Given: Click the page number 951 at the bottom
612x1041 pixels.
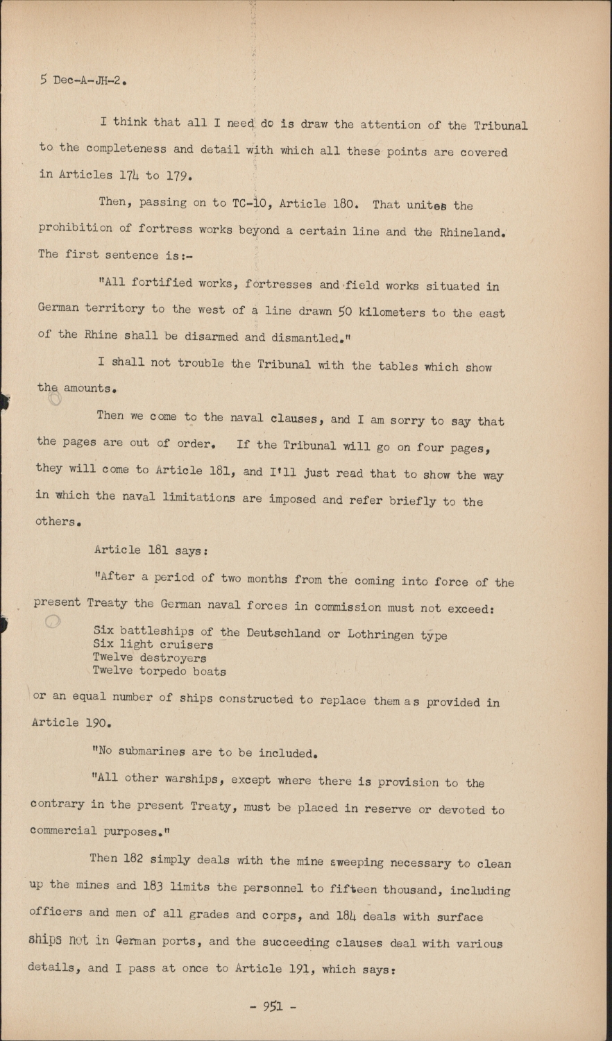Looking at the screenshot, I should (x=272, y=1007).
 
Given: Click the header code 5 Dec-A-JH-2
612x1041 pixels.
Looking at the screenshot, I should (x=83, y=81).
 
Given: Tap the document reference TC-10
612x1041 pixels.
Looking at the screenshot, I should (x=246, y=203).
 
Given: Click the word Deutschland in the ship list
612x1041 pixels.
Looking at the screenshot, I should (x=283, y=633).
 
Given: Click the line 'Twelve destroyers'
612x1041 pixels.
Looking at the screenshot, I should (x=149, y=658).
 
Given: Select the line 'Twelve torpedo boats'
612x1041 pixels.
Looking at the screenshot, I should (x=159, y=671).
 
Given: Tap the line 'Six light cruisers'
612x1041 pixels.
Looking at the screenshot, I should (x=153, y=645).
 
